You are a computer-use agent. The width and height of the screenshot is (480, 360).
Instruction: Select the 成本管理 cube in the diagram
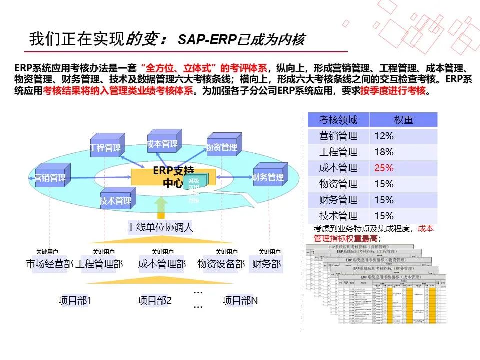click(x=163, y=143)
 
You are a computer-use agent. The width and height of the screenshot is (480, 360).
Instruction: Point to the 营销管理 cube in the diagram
click(x=50, y=176)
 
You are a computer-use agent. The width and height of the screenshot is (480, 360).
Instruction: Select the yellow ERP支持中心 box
click(x=172, y=176)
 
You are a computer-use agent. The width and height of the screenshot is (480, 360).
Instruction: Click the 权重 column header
click(x=403, y=120)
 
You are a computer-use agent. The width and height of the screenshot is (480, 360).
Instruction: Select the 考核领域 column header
click(x=338, y=120)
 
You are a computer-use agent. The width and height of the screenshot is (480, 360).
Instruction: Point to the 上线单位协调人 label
click(x=160, y=227)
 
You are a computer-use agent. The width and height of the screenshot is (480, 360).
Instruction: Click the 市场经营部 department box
click(x=49, y=264)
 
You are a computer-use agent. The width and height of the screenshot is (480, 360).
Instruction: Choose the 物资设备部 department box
click(x=221, y=264)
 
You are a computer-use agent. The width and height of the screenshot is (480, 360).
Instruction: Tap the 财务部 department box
click(x=266, y=264)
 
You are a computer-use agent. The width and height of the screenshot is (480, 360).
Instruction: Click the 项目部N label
click(x=240, y=300)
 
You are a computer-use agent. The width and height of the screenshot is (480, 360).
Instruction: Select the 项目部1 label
click(x=75, y=300)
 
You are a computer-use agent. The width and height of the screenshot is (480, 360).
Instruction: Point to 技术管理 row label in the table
click(x=338, y=216)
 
